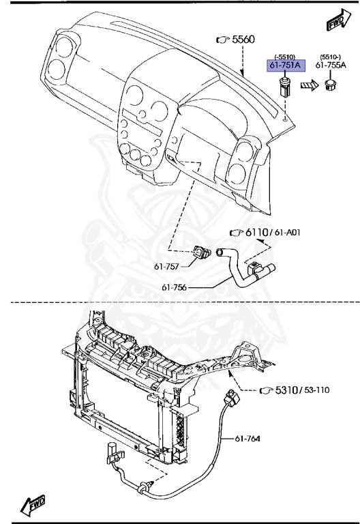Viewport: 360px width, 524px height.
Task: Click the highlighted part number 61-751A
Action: tap(284, 65)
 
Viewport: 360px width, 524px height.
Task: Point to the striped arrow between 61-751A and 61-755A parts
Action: tap(310, 86)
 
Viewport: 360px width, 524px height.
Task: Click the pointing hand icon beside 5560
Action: tap(222, 41)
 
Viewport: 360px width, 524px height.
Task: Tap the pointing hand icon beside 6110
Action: tap(237, 233)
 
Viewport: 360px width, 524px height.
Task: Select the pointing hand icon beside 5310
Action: tap(266, 391)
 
